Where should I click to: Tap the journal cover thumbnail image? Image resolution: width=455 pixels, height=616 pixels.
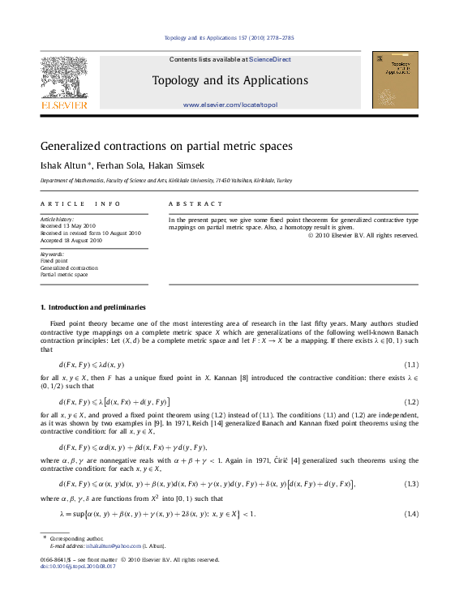(x=395, y=79)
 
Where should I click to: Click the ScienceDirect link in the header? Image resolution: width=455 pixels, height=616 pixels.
(x=270, y=59)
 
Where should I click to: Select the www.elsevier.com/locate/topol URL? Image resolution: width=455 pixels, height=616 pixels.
(x=230, y=105)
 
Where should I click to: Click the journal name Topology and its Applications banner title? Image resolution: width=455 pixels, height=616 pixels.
(x=230, y=81)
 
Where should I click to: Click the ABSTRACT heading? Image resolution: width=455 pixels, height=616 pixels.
(x=195, y=204)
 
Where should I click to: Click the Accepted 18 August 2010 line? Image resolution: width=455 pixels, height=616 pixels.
(x=71, y=240)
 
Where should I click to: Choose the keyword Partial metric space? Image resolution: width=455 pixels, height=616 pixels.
(x=63, y=275)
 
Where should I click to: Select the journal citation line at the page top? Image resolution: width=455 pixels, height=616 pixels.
(x=229, y=38)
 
